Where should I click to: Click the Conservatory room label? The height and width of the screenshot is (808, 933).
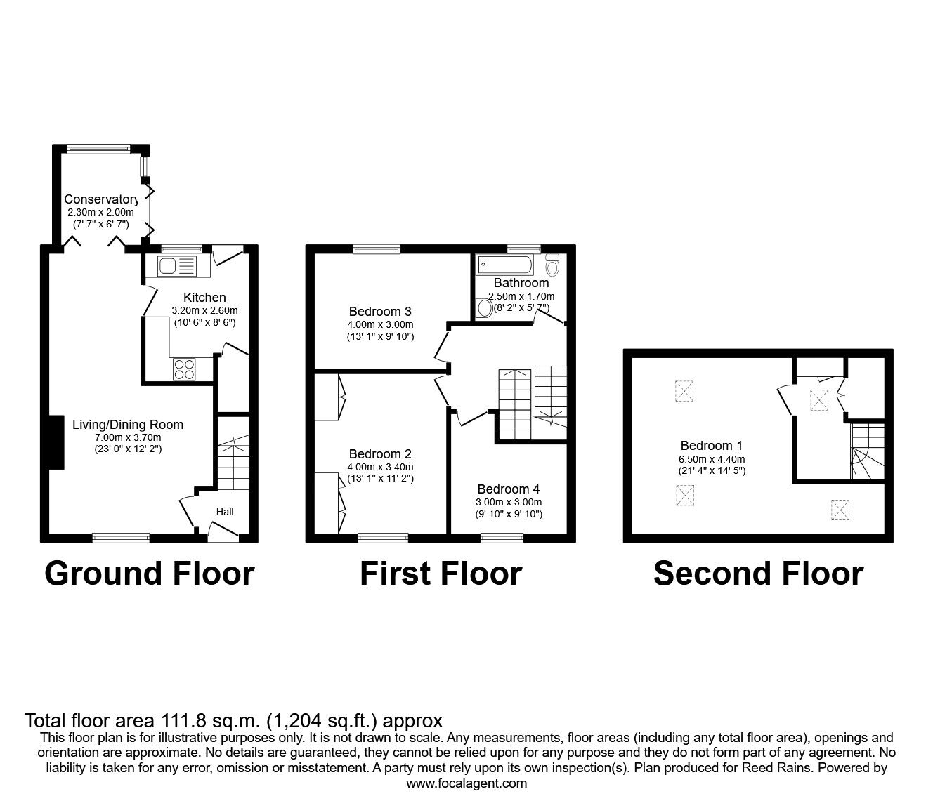[x=101, y=199]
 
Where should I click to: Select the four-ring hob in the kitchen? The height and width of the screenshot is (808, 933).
[x=185, y=369]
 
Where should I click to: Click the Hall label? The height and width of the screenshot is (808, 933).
[x=225, y=512]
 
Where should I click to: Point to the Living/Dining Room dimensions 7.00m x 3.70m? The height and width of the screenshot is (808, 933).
[x=128, y=437]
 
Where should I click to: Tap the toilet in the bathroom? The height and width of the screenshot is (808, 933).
[x=552, y=266]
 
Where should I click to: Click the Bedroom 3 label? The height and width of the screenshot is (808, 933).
[x=380, y=311]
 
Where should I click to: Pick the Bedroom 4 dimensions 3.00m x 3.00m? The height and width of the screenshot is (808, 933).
[x=509, y=502]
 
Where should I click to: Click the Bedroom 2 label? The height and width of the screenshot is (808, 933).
[x=380, y=453]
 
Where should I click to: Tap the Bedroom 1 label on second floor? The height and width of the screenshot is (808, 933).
[x=712, y=445]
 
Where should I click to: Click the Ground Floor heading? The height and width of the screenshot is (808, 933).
[x=149, y=574]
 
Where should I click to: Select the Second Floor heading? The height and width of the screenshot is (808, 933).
[x=758, y=574]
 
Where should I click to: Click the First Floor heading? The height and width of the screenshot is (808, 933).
[x=441, y=574]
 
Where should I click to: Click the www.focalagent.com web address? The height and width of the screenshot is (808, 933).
[x=466, y=783]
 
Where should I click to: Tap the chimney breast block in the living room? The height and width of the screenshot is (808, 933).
[x=56, y=442]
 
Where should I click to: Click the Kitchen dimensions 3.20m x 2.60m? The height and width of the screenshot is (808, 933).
[x=204, y=310]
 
